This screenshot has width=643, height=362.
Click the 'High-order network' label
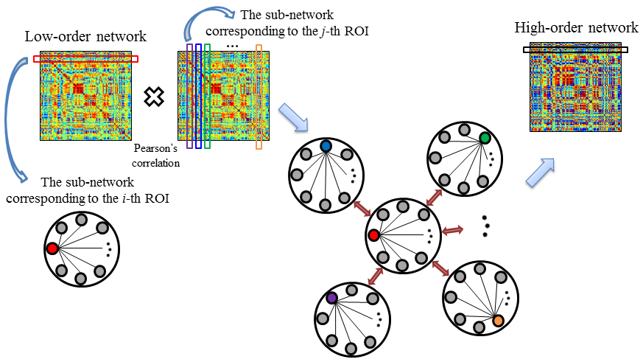tap(575, 28)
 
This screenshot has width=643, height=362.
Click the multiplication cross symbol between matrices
tap(154, 96)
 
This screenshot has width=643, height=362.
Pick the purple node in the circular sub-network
tap(331, 298)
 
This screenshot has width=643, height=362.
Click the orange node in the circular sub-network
tap(498, 320)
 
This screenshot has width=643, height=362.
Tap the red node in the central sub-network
tap(373, 236)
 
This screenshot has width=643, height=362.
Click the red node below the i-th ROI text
tap(52, 248)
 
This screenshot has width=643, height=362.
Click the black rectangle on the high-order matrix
tap(575, 50)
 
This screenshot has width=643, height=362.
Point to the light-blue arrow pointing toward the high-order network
tap(541, 172)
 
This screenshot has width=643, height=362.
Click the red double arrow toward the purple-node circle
tap(375, 276)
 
